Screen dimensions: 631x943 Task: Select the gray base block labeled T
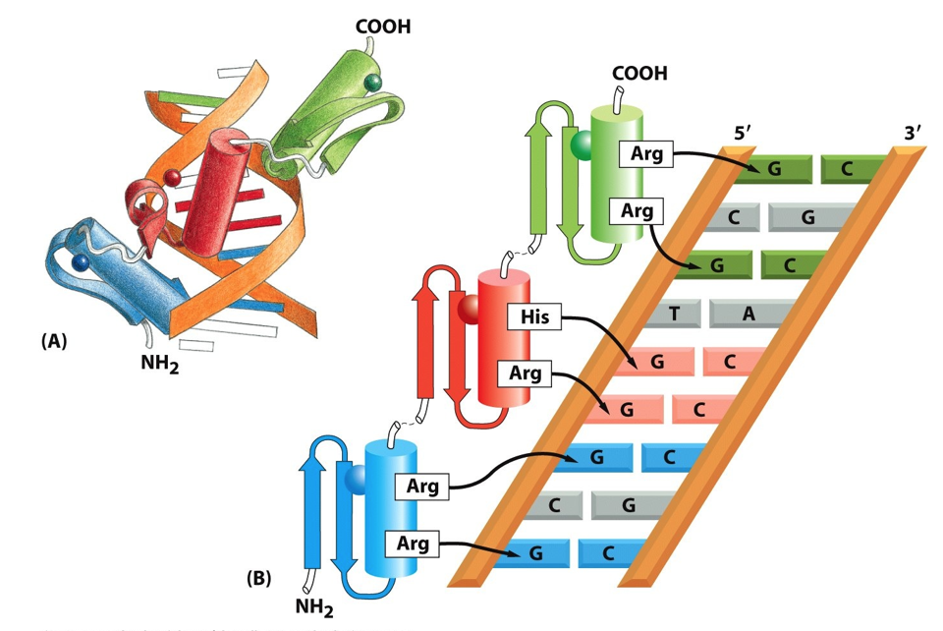pos(673,313)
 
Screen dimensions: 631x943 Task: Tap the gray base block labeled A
pos(749,313)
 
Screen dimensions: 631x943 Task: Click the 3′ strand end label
pos(913,133)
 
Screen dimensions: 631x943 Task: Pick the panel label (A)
pos(54,341)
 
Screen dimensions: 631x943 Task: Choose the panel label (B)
pos(258,577)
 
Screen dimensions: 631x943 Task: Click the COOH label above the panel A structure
pos(382,26)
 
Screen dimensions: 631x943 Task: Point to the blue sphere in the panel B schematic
pos(355,479)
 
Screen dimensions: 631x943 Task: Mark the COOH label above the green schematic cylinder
pos(639,74)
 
